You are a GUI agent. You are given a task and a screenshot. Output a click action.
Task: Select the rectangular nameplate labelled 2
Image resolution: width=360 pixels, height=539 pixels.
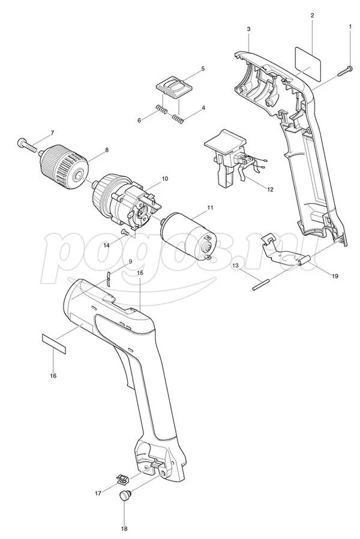308,61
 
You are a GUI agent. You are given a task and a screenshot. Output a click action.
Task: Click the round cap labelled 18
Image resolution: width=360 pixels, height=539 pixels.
125,495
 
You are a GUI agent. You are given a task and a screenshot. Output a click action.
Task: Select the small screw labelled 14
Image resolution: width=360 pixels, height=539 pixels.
125,233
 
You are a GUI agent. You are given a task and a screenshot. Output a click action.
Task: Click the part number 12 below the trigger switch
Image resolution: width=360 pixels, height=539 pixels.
270,189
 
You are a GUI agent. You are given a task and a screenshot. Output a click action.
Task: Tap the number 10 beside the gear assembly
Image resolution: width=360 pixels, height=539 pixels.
164,179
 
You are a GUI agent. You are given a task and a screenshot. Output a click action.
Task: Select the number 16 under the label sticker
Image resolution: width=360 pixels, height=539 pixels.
53,376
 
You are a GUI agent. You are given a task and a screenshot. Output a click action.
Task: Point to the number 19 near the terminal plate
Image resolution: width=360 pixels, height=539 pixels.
335,276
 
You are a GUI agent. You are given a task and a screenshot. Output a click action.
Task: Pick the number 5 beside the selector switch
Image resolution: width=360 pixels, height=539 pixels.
203,69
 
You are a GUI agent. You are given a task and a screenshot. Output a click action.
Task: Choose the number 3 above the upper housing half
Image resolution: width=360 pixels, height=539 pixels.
248,29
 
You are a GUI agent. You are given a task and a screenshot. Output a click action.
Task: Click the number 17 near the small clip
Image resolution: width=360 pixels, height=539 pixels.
98,493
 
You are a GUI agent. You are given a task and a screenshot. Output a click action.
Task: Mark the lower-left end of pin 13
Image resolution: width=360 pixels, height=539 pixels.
253,290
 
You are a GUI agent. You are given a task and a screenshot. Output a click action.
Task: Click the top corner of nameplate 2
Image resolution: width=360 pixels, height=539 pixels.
296,47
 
